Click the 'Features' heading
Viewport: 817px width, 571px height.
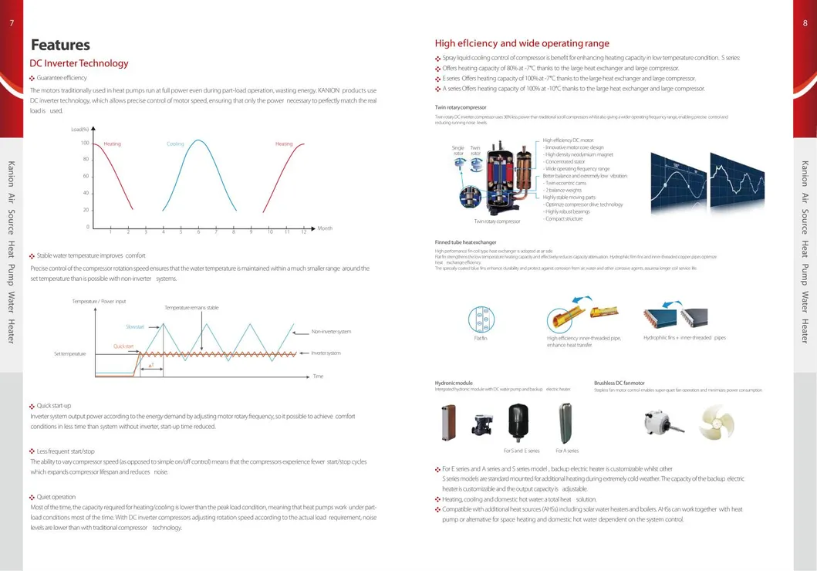coord(60,45)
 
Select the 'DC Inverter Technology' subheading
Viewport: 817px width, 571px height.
coord(79,63)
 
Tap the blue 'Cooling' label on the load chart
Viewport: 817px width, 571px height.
coord(175,144)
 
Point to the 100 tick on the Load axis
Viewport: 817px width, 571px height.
coord(85,144)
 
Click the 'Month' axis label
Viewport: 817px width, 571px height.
coord(325,228)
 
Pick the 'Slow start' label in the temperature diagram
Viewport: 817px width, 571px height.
coord(134,326)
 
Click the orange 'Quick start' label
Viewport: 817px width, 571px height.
coord(123,346)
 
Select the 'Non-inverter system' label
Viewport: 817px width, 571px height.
coord(331,332)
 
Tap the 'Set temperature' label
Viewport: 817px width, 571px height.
coord(69,353)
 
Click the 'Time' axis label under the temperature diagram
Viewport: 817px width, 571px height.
coord(318,376)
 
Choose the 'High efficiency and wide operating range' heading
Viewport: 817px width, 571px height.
coord(522,43)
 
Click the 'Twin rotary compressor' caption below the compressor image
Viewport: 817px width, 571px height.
coord(497,221)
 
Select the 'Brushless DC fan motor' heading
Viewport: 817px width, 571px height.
coord(619,383)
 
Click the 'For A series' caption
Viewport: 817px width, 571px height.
coord(567,451)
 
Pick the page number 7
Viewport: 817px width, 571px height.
coord(12,22)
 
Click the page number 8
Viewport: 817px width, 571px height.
coord(805,22)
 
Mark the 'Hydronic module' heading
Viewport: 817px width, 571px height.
coord(454,383)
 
